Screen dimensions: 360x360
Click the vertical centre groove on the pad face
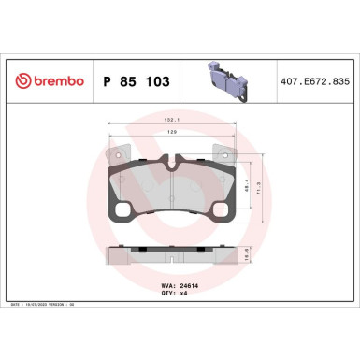click(x=170, y=192)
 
